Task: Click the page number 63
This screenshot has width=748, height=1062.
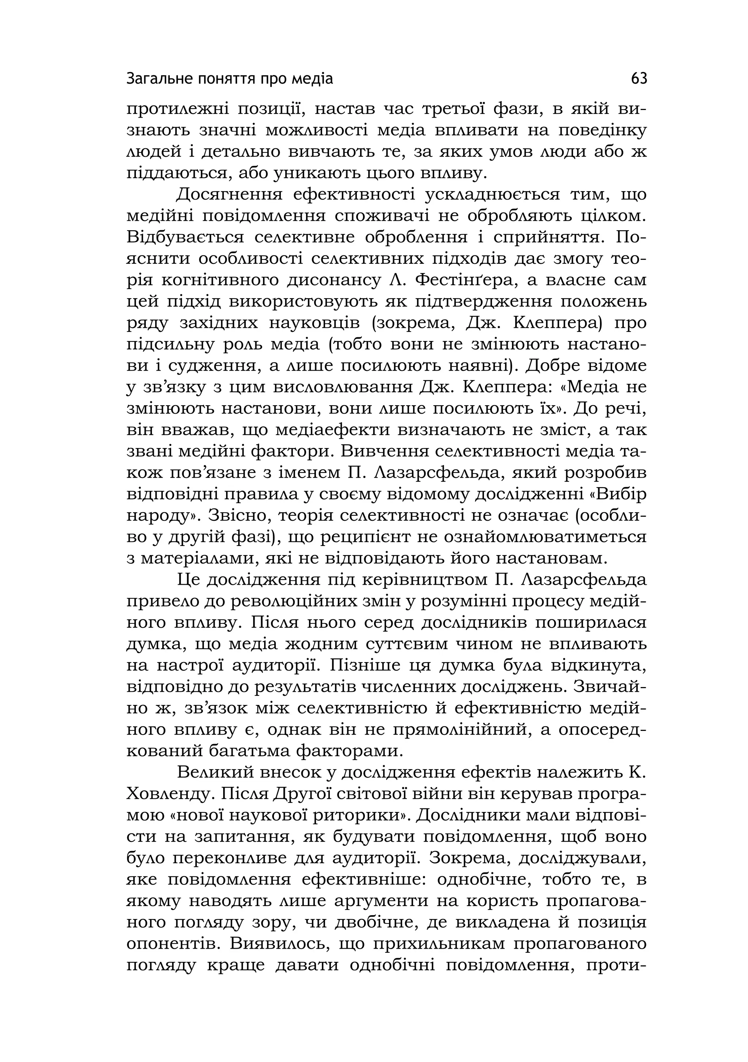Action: coord(639,79)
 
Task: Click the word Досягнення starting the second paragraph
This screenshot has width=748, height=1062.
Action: coord(229,195)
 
